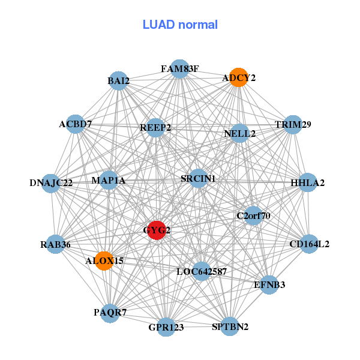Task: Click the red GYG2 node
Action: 157,230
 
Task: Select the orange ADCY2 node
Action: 239,77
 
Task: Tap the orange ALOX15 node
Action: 104,261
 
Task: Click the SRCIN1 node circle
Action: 198,178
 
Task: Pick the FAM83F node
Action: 179,68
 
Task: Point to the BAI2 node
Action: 119,80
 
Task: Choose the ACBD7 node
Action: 76,124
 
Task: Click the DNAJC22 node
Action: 51,182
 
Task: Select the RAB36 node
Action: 56,244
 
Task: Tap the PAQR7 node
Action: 110,313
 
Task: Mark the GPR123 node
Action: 166,327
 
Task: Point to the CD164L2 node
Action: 309,244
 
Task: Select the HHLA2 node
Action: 307,182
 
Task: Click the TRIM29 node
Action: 293,125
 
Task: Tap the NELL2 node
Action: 240,133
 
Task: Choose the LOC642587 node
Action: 202,271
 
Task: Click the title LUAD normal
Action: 180,25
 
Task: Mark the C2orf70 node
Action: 253,215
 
